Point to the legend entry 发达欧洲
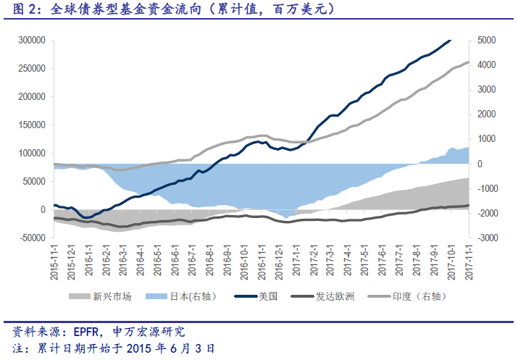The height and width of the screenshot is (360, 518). point(334,296)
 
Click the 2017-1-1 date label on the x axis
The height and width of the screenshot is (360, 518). point(297,261)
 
